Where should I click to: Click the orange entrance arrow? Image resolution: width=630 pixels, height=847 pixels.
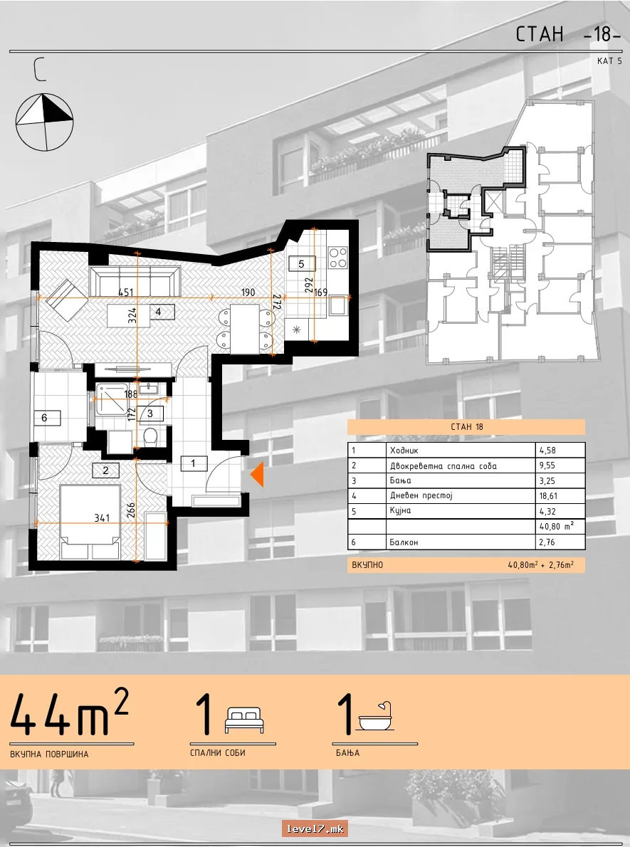coord(257,475)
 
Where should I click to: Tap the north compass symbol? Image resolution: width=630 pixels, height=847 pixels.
coord(44,122)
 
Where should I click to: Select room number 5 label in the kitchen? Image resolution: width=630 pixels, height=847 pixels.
coord(302,263)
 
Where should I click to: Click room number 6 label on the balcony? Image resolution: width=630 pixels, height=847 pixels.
coord(44,418)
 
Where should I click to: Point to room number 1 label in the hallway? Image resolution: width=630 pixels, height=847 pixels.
coord(193,463)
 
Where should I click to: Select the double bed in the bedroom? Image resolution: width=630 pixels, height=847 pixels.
coord(90,522)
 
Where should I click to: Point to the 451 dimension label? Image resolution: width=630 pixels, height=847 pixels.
coord(125,293)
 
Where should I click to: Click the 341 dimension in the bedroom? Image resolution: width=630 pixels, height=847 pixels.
coord(102,518)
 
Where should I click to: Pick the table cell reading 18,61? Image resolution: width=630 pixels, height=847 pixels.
coord(548,496)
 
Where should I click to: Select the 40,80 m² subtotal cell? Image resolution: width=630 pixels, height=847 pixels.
coord(556,526)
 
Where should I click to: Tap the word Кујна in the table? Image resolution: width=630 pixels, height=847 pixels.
coord(401,511)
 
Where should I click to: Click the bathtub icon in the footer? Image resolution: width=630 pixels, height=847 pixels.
coord(376,717)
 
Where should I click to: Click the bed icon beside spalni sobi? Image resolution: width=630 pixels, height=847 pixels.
coord(245,720)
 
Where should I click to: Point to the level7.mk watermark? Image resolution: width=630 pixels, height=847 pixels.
coord(315,828)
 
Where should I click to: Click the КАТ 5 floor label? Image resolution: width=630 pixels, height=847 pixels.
coord(609,61)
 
